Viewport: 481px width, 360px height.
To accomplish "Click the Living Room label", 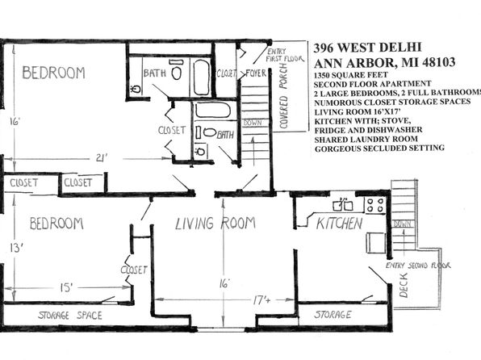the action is pos(215,223).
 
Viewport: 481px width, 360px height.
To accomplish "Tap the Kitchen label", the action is pos(340,223).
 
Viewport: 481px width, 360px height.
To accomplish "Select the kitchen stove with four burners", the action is pos(375,205).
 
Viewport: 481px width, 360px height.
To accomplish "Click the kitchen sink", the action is pos(343,205).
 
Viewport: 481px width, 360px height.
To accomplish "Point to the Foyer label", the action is pos(256,73).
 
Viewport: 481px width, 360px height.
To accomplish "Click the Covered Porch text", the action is pos(283,96).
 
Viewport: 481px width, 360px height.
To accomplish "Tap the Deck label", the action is pos(404,285).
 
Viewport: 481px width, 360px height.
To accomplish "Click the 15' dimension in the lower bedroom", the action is pos(66,287).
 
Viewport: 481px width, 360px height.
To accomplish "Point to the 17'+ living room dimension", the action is pos(261,299).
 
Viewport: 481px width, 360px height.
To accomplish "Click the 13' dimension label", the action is pos(17,247).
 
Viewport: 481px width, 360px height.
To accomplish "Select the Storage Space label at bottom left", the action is pos(70,315).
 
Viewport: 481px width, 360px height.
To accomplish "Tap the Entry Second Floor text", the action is pos(418,266).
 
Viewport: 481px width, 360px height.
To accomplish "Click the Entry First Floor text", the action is pos(285,55).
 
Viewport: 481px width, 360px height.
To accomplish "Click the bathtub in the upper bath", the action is pos(202,77).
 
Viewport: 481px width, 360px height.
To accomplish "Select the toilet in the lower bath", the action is pos(210,132).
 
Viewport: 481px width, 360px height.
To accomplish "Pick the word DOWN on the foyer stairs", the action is pos(253,123).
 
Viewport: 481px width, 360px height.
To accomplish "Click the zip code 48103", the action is pos(439,62).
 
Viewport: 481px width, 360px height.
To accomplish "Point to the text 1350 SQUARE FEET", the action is pos(350,75).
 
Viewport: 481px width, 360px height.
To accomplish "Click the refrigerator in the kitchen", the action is pos(376,243).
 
